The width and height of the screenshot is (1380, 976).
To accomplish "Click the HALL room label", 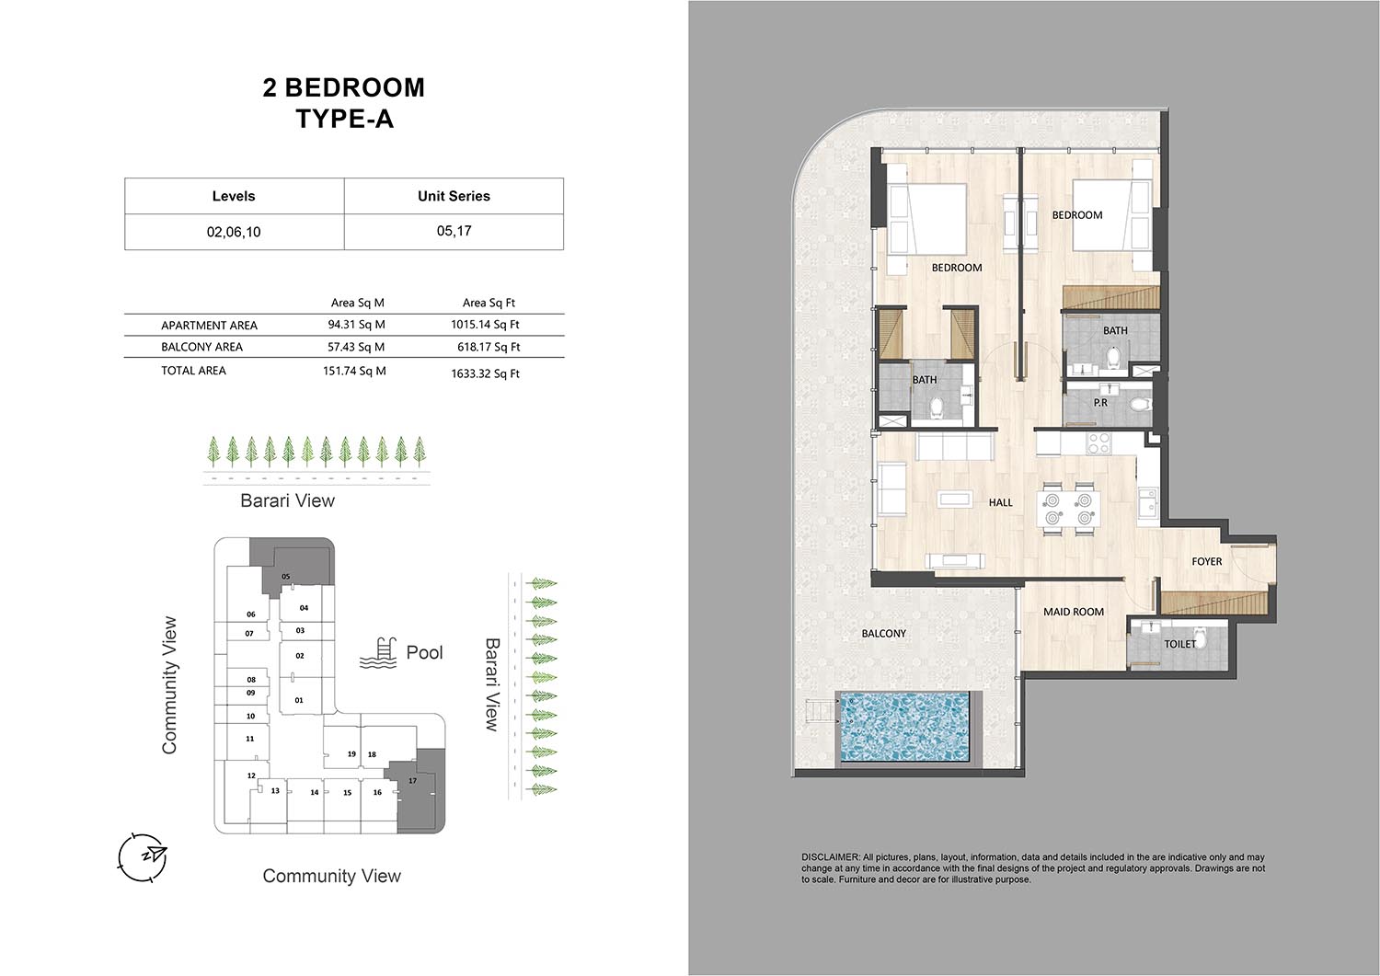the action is point(1001,503).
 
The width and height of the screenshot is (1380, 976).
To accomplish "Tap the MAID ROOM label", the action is point(1074,612).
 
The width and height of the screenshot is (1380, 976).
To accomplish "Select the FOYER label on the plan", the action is point(1206,561).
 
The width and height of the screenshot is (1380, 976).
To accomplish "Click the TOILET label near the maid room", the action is point(1179,644).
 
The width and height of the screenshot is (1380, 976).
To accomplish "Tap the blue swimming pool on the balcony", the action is point(903,728).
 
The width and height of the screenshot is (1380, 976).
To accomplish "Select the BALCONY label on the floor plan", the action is point(883,634).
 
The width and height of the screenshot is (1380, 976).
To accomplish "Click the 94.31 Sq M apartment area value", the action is point(356,325).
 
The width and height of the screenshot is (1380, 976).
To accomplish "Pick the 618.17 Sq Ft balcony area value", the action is point(489,347).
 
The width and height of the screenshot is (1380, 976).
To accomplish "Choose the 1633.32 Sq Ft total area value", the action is point(486,373).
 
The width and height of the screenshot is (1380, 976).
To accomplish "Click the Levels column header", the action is point(234,196).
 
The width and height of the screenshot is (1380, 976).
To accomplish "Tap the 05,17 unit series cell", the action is point(454,231).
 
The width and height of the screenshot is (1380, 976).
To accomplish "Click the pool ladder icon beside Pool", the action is point(377,653).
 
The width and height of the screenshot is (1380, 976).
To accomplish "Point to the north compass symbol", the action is point(143,857).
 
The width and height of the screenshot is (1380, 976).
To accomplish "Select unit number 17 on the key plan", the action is point(413,781).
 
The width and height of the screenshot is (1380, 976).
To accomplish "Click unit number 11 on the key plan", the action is point(249,738).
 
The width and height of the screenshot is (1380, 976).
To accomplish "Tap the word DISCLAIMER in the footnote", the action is point(830,857).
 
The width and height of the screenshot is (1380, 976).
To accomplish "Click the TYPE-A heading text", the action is point(344,119).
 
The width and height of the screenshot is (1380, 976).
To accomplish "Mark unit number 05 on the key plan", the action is point(286,577).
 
